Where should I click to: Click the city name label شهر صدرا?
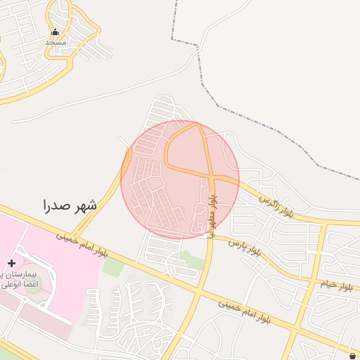[x=69, y=205]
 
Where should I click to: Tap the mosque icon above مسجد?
[x=56, y=32]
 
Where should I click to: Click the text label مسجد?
[x=56, y=42]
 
